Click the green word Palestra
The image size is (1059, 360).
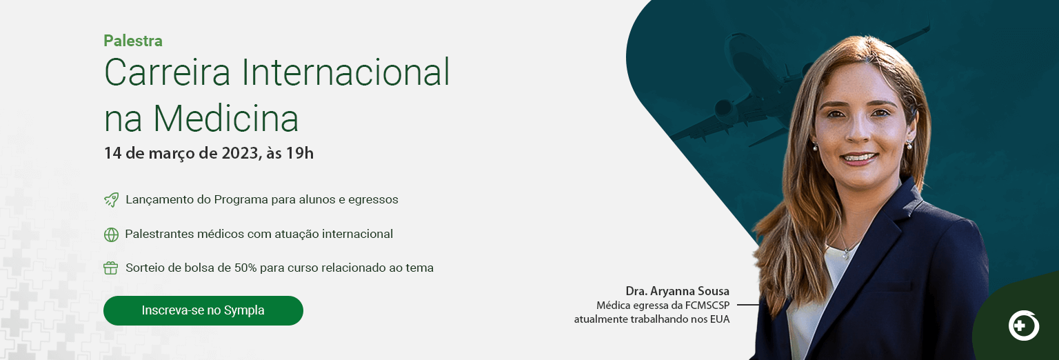pos(133,41)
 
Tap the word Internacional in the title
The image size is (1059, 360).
pos(345,72)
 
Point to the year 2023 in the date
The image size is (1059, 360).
pos(240,153)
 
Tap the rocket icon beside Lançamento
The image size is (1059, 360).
pos(111,199)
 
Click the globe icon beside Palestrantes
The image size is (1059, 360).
pos(111,234)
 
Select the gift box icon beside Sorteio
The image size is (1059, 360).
pos(110,268)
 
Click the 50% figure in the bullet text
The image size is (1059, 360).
pos(245,268)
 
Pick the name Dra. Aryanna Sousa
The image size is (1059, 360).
pos(678,291)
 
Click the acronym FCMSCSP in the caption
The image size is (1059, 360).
pos(707,306)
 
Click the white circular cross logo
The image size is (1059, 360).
pos(1024,326)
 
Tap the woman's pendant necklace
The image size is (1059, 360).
pos(845,255)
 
